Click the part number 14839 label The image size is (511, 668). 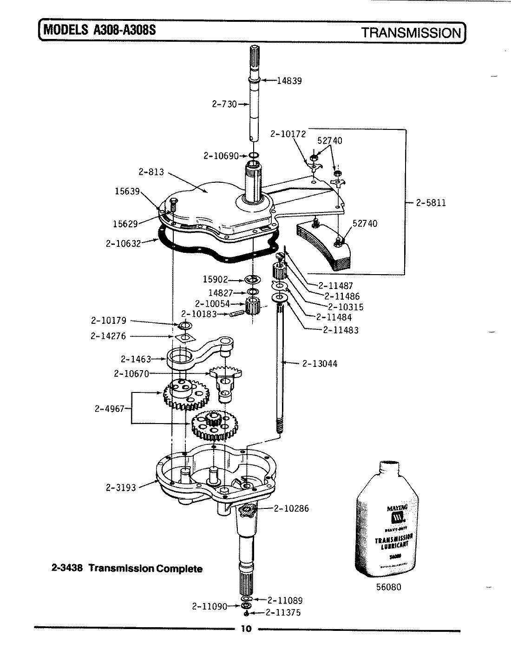pos(289,81)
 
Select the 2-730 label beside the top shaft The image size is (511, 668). pos(224,104)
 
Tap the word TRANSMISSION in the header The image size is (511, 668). pos(411,33)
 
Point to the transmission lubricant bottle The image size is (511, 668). pos(389,520)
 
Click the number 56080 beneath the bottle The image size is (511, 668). pos(388,587)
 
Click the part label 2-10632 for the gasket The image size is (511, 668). pos(123,243)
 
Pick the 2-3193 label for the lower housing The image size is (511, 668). pos(121,488)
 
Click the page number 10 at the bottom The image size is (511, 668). pos(246,629)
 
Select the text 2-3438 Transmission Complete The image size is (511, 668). pos(126,569)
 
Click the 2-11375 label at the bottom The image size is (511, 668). pos(283,613)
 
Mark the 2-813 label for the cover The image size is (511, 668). pos(151,172)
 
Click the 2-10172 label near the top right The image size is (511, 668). pos(288,134)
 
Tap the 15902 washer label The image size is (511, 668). pos(215,279)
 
